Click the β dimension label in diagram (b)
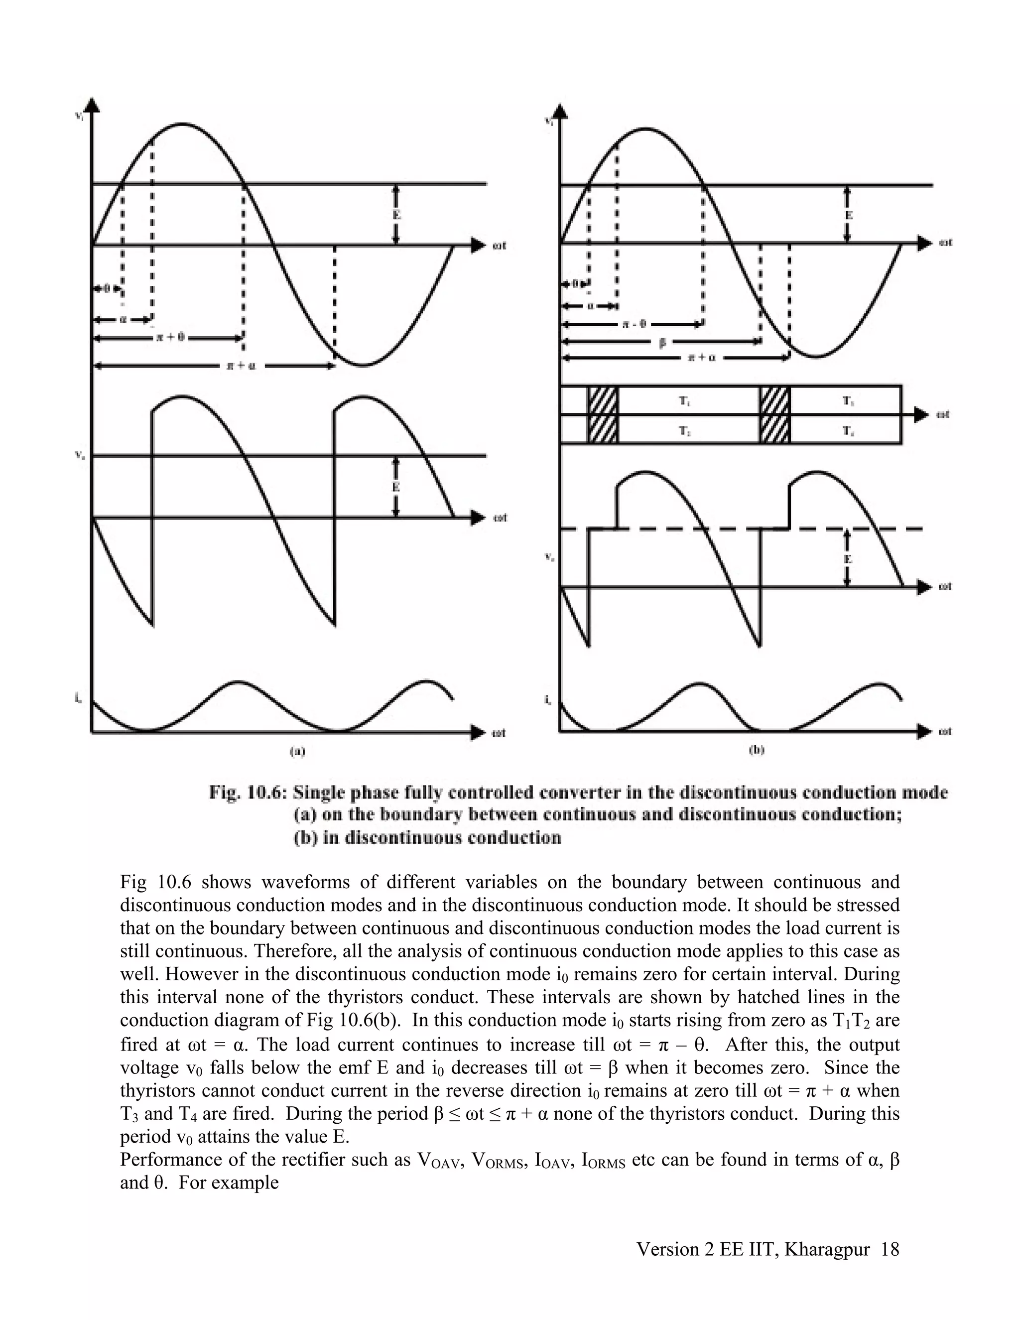tap(662, 342)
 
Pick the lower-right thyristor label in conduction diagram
tap(848, 430)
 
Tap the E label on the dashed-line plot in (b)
tap(848, 559)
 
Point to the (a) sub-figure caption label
tap(297, 751)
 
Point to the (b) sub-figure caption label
tap(757, 750)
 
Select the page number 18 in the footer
tap(890, 1249)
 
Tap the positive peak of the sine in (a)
tap(182, 124)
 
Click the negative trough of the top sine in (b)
tap(816, 357)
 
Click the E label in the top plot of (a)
tap(396, 215)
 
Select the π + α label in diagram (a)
tap(241, 366)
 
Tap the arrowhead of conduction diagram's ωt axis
tap(921, 414)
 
